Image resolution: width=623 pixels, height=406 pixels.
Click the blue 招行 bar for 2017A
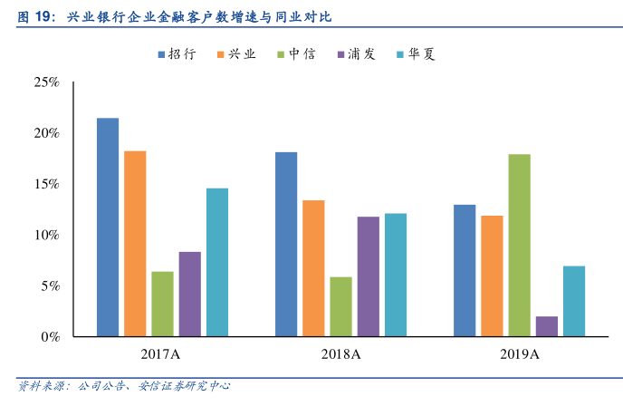pyautogui.click(x=108, y=227)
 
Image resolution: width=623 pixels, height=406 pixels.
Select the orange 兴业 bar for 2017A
pyautogui.click(x=135, y=243)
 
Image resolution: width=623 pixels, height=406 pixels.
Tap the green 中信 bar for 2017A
pyautogui.click(x=162, y=304)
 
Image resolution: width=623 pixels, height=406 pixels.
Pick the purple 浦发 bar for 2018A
pyautogui.click(x=368, y=276)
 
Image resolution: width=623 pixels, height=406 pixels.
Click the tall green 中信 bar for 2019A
pyautogui.click(x=519, y=245)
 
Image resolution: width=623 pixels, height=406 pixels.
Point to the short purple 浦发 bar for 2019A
pyautogui.click(x=547, y=326)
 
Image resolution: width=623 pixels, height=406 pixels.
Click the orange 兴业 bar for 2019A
pyautogui.click(x=492, y=275)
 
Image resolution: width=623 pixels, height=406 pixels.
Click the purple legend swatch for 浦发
pyautogui.click(x=341, y=54)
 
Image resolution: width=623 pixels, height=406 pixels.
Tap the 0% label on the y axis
pyautogui.click(x=50, y=337)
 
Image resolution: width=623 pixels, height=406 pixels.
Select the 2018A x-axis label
pyautogui.click(x=340, y=353)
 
